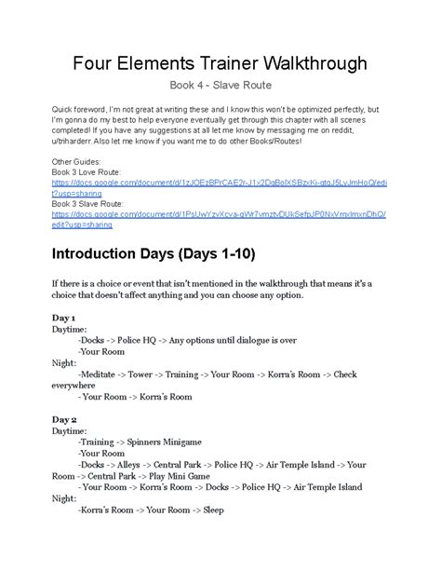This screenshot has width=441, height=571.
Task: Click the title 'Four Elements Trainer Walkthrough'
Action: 220,64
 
